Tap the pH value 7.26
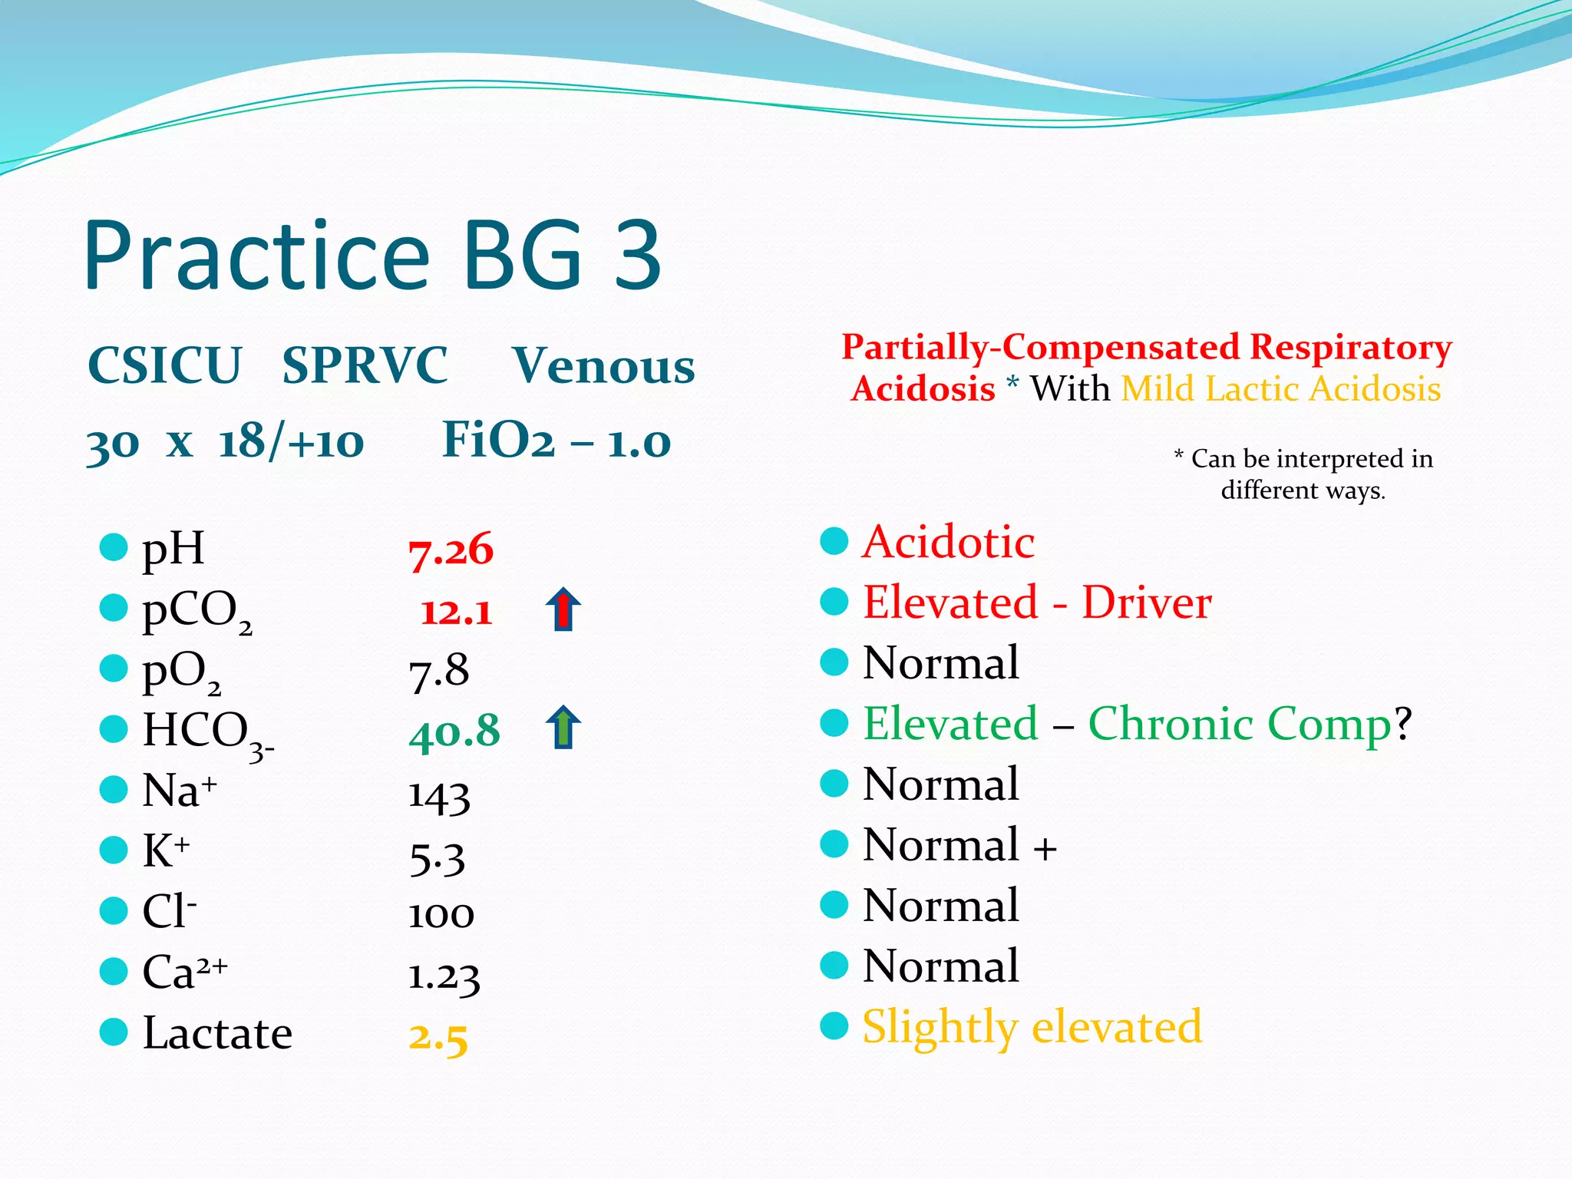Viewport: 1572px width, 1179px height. point(451,550)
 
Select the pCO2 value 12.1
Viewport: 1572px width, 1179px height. point(457,612)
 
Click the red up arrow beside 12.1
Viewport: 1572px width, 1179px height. point(563,609)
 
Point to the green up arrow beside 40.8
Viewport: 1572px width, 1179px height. point(563,728)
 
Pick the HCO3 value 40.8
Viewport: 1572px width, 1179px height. point(454,732)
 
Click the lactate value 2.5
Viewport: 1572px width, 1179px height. point(438,1037)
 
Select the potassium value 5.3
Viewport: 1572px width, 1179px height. point(438,857)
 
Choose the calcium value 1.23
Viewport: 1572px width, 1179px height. point(444,976)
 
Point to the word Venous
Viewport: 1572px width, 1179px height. point(603,365)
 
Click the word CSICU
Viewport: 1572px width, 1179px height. point(165,365)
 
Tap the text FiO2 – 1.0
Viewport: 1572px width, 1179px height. point(556,441)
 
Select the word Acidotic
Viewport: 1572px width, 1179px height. point(949,542)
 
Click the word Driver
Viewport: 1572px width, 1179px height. point(1147,603)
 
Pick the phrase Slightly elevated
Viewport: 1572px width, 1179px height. point(1032,1027)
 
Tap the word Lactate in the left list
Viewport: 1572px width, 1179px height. point(218,1033)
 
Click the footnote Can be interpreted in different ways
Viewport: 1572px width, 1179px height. point(1303,474)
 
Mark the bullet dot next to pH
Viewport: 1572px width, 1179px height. point(114,547)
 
